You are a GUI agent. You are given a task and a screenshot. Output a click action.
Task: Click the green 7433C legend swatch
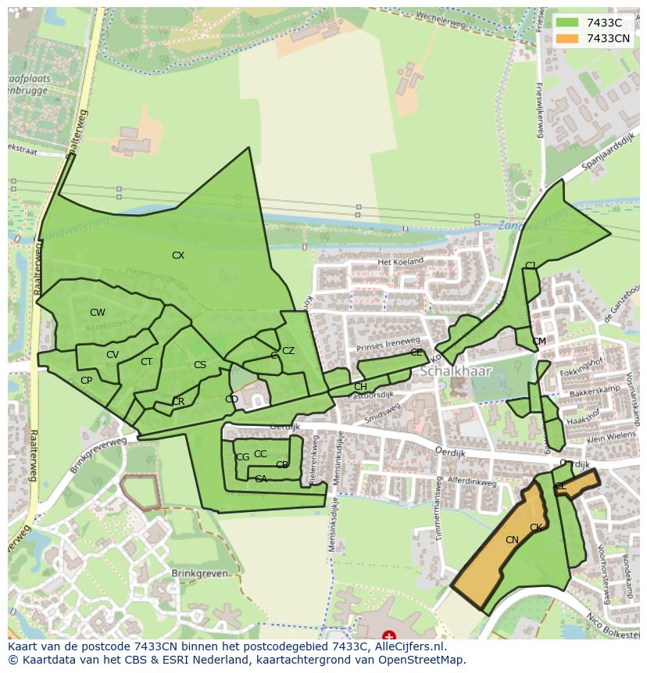click(568, 23)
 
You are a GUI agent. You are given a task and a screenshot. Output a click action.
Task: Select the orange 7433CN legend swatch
click(568, 38)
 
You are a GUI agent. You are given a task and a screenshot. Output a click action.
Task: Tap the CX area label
click(178, 256)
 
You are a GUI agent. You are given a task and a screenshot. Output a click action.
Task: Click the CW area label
click(97, 313)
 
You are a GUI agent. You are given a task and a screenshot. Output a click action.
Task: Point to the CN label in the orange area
click(512, 540)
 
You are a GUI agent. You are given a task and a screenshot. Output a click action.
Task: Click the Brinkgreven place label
click(200, 573)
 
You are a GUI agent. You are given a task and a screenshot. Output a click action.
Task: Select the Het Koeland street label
click(400, 261)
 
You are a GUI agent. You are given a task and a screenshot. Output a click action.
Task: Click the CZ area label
click(288, 351)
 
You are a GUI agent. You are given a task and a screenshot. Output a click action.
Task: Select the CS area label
click(200, 365)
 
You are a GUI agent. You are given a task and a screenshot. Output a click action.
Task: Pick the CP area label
click(86, 381)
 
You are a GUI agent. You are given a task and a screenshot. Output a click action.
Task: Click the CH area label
click(360, 387)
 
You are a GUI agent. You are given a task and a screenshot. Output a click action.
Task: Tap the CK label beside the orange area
click(536, 528)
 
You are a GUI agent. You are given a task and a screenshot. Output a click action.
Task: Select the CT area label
click(146, 362)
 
